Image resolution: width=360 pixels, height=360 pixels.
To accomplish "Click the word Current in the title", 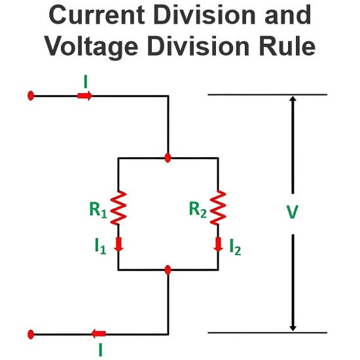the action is [x=97, y=15].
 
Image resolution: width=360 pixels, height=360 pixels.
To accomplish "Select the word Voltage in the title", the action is [x=92, y=47].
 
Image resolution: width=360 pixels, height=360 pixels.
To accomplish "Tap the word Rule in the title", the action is [x=286, y=46].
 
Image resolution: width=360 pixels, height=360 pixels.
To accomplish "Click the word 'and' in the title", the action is [x=288, y=15].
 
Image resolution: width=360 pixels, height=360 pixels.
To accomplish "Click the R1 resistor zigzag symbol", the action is [x=118, y=207].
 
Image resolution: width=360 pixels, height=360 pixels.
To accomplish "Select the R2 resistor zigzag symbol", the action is [x=218, y=207].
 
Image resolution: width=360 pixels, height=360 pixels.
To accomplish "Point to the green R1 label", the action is [x=98, y=209].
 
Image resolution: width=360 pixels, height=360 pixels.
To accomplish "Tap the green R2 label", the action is [x=198, y=209].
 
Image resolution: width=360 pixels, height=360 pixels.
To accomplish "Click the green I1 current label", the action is [x=101, y=246].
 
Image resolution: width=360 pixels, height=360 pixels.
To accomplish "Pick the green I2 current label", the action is [x=236, y=247].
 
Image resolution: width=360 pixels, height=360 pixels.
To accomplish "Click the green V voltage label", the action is [x=293, y=212].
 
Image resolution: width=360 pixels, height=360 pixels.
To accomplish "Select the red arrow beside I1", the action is [x=118, y=244].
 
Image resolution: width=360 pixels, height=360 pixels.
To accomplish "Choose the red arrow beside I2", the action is [x=218, y=244].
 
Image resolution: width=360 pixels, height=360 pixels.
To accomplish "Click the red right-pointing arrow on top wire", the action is [x=84, y=96].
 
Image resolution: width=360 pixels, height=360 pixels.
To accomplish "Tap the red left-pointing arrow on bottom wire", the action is [x=98, y=334].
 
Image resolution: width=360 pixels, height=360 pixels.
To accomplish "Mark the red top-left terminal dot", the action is [x=31, y=96].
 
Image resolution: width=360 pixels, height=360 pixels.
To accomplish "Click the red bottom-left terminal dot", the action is [x=31, y=334].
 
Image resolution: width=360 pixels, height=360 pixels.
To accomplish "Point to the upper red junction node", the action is [x=168, y=158].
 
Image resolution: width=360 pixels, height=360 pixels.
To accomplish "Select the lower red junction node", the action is [x=168, y=270].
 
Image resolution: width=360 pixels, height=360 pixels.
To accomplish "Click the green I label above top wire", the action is [x=86, y=82].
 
